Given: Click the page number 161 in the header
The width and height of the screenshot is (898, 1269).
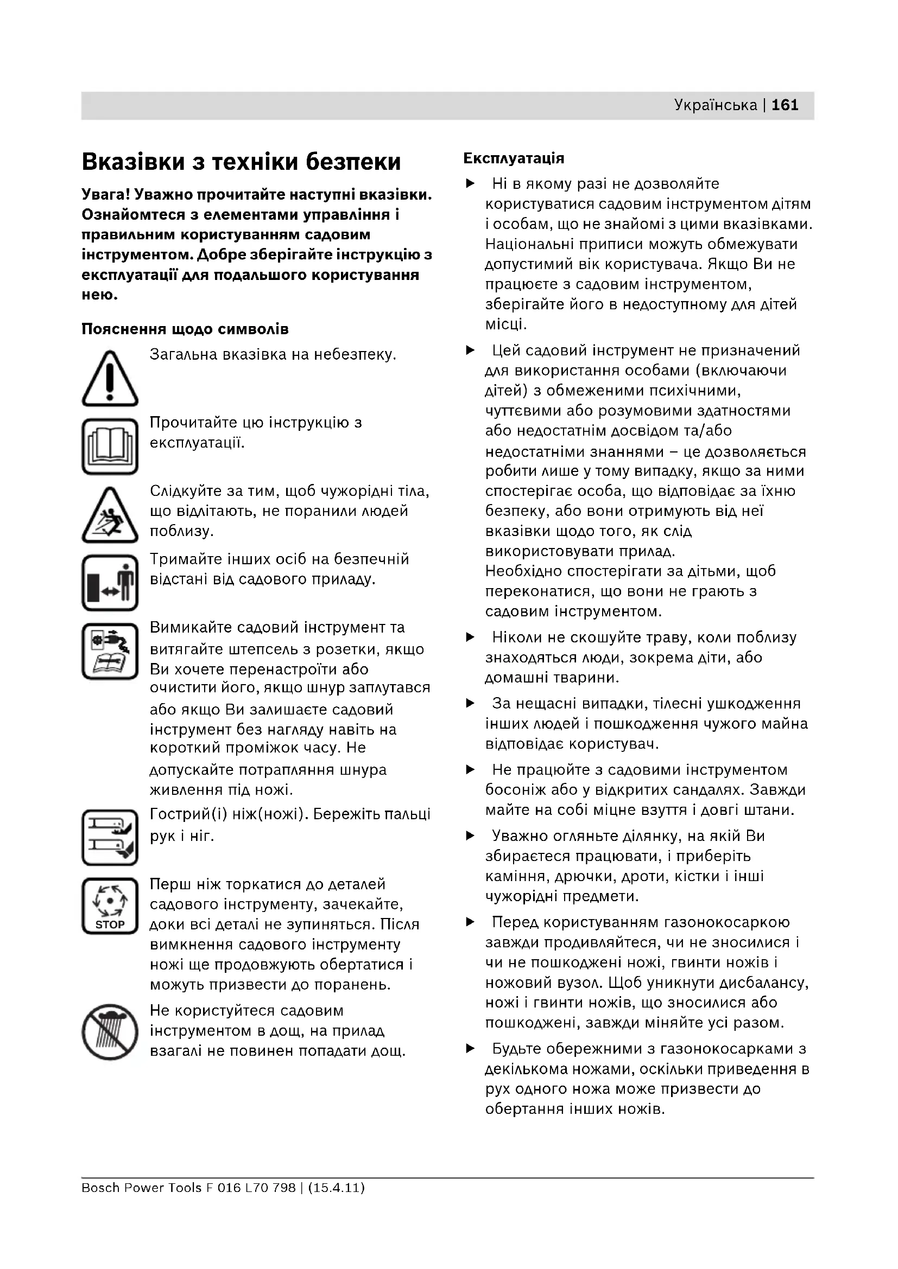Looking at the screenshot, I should coord(785,105).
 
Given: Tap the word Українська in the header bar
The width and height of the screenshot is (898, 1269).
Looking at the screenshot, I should coord(716,105).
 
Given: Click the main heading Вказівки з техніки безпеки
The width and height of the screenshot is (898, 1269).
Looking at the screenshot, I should coord(241,162).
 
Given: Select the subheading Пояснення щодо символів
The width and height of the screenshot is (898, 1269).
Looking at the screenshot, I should coord(185,329).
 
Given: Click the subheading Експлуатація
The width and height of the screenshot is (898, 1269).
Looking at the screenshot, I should coord(514,158).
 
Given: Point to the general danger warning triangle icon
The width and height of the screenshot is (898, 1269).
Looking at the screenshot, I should coord(110,379).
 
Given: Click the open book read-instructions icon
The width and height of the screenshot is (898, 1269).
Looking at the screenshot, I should coord(110,447).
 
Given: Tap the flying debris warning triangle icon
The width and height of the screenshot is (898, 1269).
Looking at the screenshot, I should coord(110,515).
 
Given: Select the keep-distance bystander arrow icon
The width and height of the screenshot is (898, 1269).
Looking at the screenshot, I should coord(110,583).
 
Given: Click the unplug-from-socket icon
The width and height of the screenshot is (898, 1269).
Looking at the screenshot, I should coord(110,651).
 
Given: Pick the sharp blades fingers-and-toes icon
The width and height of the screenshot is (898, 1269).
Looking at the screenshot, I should coord(110,837).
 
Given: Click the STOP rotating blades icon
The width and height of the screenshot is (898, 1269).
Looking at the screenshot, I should coord(110,906).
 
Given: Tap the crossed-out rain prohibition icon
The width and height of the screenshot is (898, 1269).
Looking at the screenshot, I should coord(110,1032).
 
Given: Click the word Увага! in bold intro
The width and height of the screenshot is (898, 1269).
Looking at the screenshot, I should coord(106,195).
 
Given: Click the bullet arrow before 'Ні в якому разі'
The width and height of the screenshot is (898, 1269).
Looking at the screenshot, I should coord(471,183).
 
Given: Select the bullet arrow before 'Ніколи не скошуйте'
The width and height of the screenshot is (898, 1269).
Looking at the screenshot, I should coord(471,637).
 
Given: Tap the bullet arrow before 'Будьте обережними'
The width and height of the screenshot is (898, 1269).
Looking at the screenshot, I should coord(471,1049).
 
